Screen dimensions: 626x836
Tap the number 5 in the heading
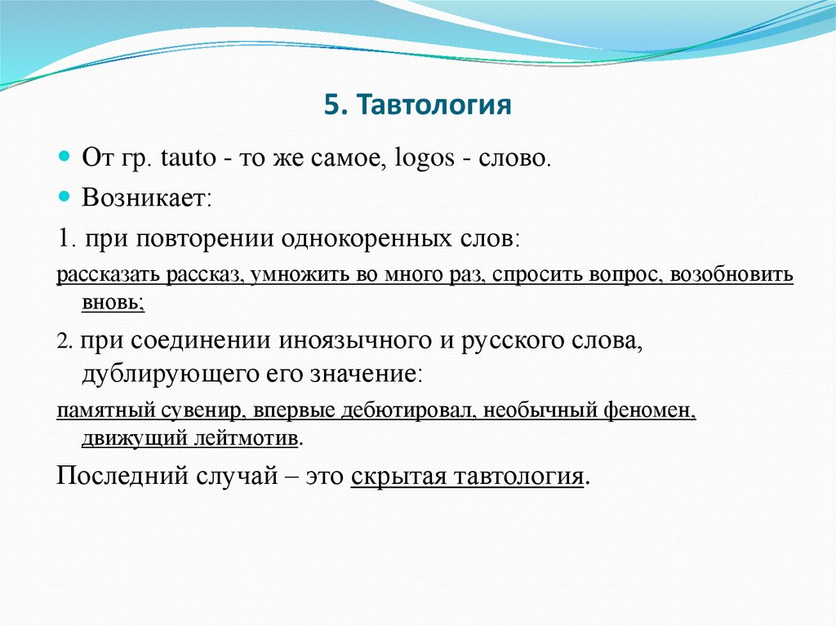[x=330, y=105]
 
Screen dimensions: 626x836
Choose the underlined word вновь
[x=112, y=303]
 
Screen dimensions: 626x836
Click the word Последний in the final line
[x=118, y=477]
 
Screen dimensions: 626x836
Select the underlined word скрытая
[x=398, y=477]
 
